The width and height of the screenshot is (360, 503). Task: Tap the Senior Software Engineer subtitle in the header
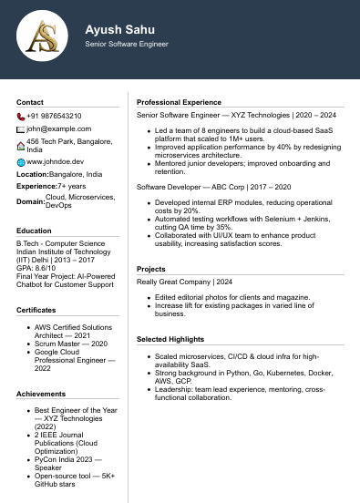tap(127, 44)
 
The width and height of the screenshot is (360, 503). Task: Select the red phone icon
tap(21, 117)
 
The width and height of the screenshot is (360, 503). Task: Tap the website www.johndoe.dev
tap(55, 161)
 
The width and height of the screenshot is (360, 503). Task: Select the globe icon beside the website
tap(21, 161)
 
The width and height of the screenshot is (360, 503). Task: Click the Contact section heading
tap(30, 102)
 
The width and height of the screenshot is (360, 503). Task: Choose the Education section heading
tap(34, 231)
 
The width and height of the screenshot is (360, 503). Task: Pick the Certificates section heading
tap(36, 309)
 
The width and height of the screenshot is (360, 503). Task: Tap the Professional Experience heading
tap(179, 102)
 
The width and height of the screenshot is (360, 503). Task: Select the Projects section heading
tap(150, 269)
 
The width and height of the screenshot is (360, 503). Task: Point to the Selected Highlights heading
tap(172, 339)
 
